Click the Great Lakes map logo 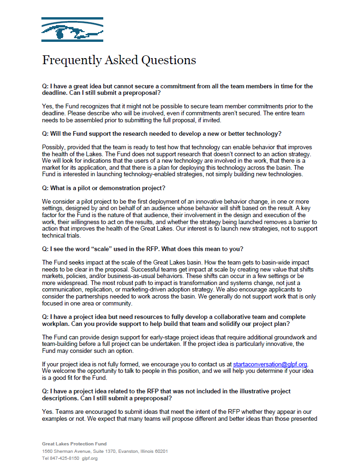pyautogui.click(x=72, y=30)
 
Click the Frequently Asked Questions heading pyautogui.click(x=119, y=60)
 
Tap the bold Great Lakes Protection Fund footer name pyautogui.click(x=74, y=444)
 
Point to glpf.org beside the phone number pyautogui.click(x=90, y=458)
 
